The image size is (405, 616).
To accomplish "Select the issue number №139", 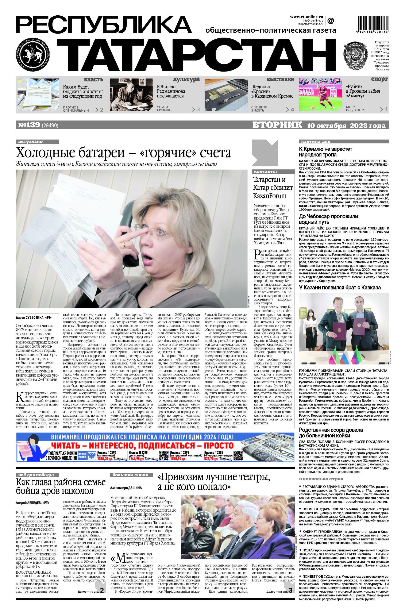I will pos(29,125).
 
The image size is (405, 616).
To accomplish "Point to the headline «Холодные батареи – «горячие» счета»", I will pos(123,153).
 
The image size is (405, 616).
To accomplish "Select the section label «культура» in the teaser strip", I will pos(186,79).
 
